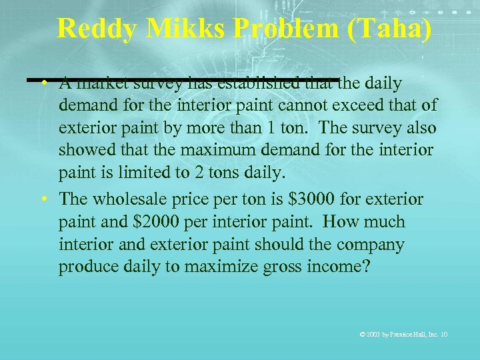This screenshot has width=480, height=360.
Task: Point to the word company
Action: (x=370, y=245)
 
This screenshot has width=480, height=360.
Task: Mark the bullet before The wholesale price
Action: (x=42, y=199)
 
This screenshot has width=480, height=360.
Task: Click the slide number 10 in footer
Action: (x=443, y=333)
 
